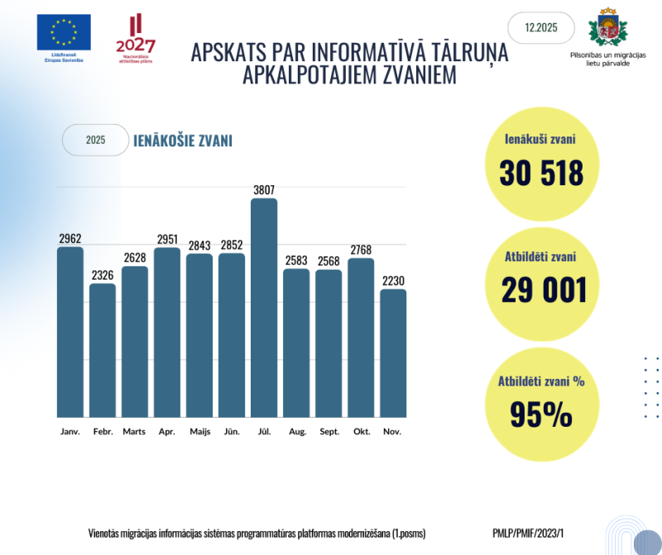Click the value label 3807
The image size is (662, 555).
[264, 190]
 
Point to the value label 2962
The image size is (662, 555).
[70, 239]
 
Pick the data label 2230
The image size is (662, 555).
[393, 281]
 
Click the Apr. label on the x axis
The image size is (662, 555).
[167, 432]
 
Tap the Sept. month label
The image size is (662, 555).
[329, 432]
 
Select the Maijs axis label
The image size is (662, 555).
[199, 432]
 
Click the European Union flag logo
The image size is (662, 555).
[64, 32]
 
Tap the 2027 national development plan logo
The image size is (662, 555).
[135, 38]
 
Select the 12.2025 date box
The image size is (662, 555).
[540, 28]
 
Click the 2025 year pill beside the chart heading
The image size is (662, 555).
[95, 141]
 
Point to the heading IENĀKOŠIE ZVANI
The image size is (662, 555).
[183, 141]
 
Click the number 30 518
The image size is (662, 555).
[541, 173]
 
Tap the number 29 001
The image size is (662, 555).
[544, 290]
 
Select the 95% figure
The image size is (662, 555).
[540, 414]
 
